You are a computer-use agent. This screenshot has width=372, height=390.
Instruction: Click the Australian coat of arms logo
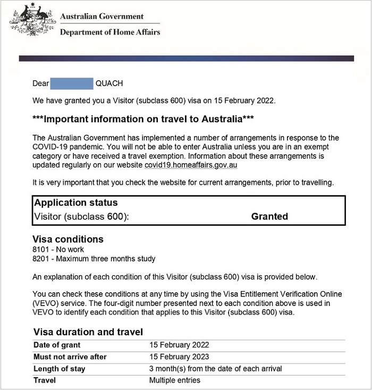(32, 20)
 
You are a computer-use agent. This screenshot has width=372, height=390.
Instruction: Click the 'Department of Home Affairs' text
(109, 32)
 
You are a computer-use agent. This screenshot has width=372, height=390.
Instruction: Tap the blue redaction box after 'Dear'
(72, 83)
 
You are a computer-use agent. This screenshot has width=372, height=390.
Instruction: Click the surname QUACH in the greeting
(109, 83)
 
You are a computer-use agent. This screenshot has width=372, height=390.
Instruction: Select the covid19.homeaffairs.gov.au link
(191, 165)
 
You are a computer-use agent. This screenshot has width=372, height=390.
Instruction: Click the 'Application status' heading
(75, 203)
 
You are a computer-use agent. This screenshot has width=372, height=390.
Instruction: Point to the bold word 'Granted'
(269, 216)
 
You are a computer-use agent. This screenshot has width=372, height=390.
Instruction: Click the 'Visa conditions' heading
(68, 239)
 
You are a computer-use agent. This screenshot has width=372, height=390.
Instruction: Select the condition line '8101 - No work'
(58, 249)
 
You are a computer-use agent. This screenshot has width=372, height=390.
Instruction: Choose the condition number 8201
(40, 259)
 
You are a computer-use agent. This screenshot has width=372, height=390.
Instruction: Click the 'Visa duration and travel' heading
(88, 332)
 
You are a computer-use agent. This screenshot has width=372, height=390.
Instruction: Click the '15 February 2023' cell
(179, 357)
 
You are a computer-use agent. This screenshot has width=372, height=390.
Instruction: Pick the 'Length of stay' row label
(59, 369)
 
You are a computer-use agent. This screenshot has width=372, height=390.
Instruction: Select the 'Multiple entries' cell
(174, 380)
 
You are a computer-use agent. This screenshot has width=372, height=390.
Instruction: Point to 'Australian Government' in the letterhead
(102, 16)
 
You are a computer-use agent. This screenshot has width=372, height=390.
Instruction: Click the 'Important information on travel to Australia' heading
(143, 119)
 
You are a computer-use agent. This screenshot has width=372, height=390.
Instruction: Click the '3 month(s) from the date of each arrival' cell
(215, 369)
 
